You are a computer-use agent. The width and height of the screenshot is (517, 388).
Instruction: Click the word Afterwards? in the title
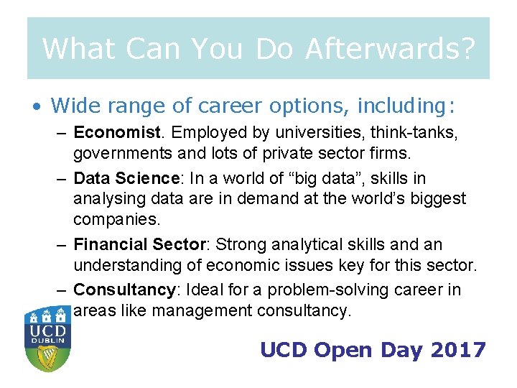pyautogui.click(x=389, y=49)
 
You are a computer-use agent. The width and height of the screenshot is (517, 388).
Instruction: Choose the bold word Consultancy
pyautogui.click(x=124, y=290)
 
